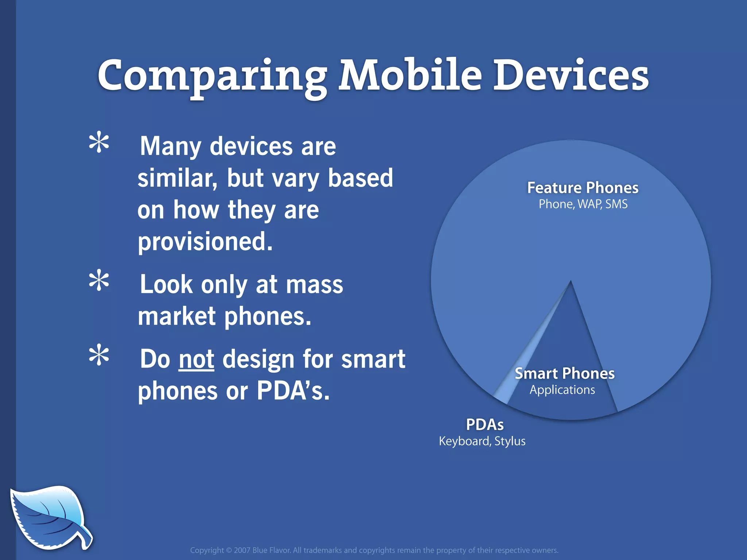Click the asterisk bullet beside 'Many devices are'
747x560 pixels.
pos(99,143)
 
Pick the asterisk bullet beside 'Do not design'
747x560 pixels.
pos(99,356)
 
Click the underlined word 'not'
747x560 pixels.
pos(196,359)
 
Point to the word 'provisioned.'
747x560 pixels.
pos(205,242)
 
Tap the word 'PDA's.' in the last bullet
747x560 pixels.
pos(293,391)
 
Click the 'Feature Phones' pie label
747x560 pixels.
pos(582,188)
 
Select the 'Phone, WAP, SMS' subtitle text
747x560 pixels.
pos(583,204)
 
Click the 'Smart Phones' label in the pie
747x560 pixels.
pos(564,374)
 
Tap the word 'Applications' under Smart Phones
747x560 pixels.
pos(562,390)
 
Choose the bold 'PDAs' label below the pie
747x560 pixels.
pos(485,425)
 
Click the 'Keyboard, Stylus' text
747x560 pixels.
pos(482,441)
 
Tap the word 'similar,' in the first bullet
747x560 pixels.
pos(177,179)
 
